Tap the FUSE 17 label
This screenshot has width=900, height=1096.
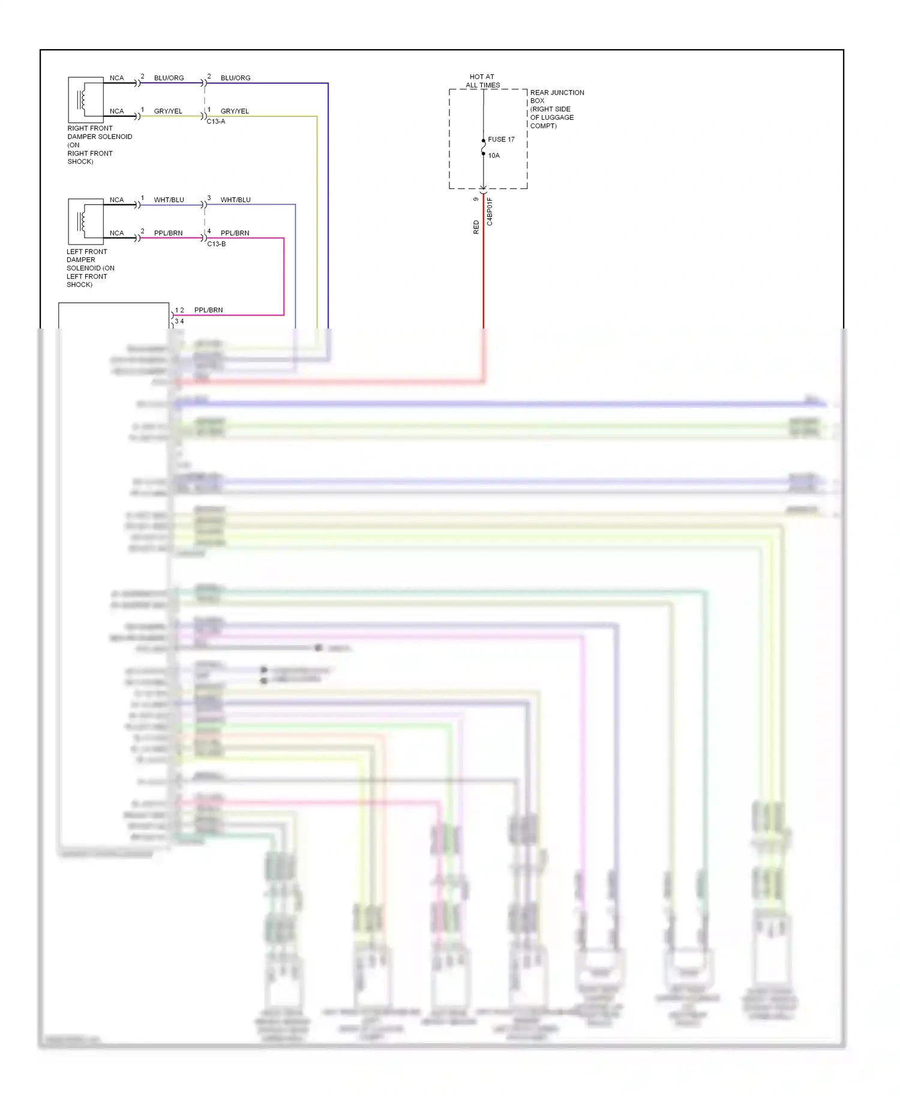(501, 140)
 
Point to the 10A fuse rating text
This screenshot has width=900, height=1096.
(494, 156)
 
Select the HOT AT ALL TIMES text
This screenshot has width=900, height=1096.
(482, 81)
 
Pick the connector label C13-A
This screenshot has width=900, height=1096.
(216, 122)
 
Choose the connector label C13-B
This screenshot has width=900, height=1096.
(217, 244)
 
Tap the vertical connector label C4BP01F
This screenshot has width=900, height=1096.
(490, 211)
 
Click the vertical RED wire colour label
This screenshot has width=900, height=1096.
(476, 227)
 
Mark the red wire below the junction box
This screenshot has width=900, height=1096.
(484, 270)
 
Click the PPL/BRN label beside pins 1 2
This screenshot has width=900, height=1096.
(208, 310)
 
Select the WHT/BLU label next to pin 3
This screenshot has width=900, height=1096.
(235, 200)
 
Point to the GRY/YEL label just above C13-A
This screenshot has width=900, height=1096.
(235, 111)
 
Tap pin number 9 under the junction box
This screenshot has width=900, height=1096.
(476, 199)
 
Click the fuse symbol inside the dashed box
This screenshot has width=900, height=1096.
(484, 147)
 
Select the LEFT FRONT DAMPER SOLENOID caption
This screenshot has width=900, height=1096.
(90, 268)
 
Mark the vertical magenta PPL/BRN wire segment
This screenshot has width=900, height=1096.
(284, 276)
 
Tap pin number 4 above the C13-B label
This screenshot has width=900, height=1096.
(209, 231)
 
